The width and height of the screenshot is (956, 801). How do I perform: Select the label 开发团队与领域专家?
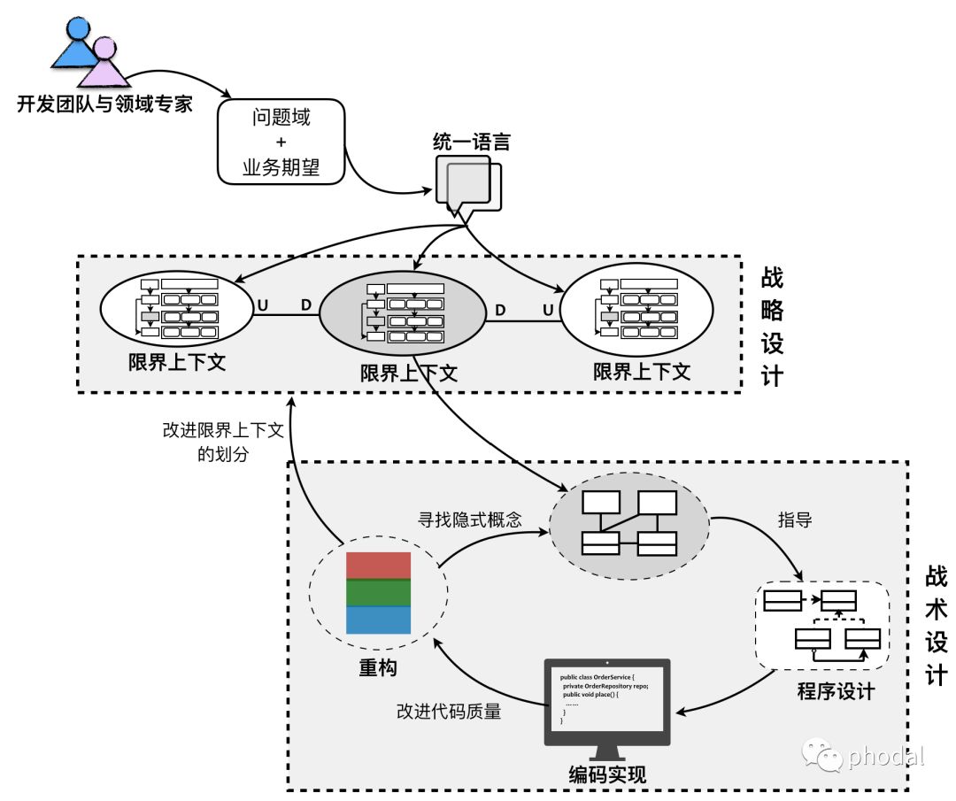coord(104,105)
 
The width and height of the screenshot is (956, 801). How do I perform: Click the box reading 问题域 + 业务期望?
coord(281,142)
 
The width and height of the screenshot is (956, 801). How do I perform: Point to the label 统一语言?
coord(471,142)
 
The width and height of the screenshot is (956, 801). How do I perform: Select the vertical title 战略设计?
coord(772,327)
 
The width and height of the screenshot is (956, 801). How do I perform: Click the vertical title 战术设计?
coord(937,627)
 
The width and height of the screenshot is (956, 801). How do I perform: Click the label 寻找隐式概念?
coord(469,520)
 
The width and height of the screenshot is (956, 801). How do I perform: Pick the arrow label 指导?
coord(794,520)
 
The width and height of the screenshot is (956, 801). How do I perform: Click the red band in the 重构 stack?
coord(379,566)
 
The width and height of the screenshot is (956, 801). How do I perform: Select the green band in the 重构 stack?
coord(379,592)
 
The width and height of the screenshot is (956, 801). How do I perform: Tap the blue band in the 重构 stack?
coord(379,620)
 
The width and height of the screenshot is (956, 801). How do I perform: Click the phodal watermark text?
coord(885,757)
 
